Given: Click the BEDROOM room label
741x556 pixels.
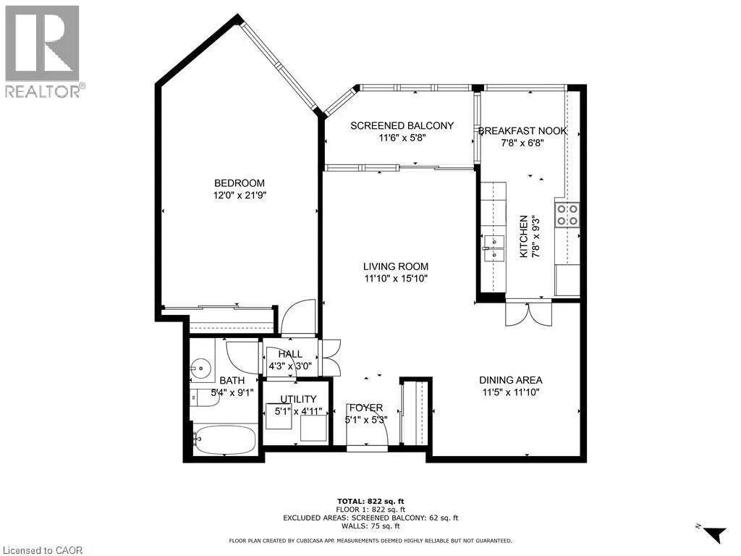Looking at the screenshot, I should pyautogui.click(x=239, y=183).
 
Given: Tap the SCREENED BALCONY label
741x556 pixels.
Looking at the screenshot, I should pyautogui.click(x=402, y=125).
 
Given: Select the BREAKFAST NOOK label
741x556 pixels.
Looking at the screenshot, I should pyautogui.click(x=522, y=131).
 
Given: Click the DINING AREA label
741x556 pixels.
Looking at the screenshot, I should pyautogui.click(x=510, y=380).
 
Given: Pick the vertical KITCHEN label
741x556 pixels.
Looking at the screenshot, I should pyautogui.click(x=524, y=236).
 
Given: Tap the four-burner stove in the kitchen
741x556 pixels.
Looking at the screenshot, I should pyautogui.click(x=567, y=215).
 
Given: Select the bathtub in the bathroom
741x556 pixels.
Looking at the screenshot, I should pyautogui.click(x=224, y=439).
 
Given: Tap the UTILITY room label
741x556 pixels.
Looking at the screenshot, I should pyautogui.click(x=298, y=399).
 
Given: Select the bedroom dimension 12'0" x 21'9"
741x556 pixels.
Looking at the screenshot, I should pyautogui.click(x=239, y=195).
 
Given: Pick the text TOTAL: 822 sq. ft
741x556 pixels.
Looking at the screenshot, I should pyautogui.click(x=370, y=501).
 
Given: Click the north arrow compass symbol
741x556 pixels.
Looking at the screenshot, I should pyautogui.click(x=713, y=534).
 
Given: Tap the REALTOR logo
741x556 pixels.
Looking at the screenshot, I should pyautogui.click(x=43, y=51).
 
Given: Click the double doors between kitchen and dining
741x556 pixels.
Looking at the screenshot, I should pyautogui.click(x=528, y=313).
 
